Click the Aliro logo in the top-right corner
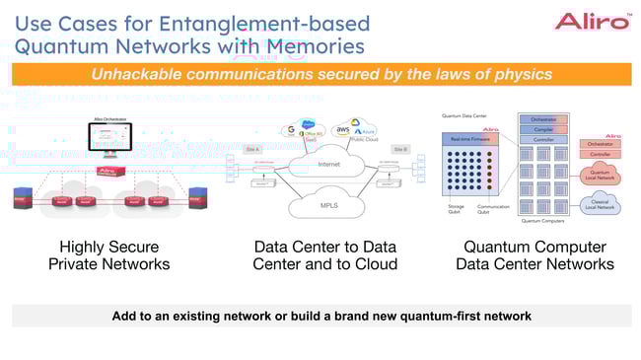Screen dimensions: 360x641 pos(592,21)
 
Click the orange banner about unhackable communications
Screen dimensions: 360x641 pos(320,75)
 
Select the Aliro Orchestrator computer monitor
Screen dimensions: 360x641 pos(111,141)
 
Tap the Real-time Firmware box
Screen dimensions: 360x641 pos(471,141)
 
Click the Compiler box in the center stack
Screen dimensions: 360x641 pos(542,128)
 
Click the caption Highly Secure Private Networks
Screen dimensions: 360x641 pos(108,254)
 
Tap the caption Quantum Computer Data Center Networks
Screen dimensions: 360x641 pos(534,254)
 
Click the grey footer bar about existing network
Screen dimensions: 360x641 pos(320,316)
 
